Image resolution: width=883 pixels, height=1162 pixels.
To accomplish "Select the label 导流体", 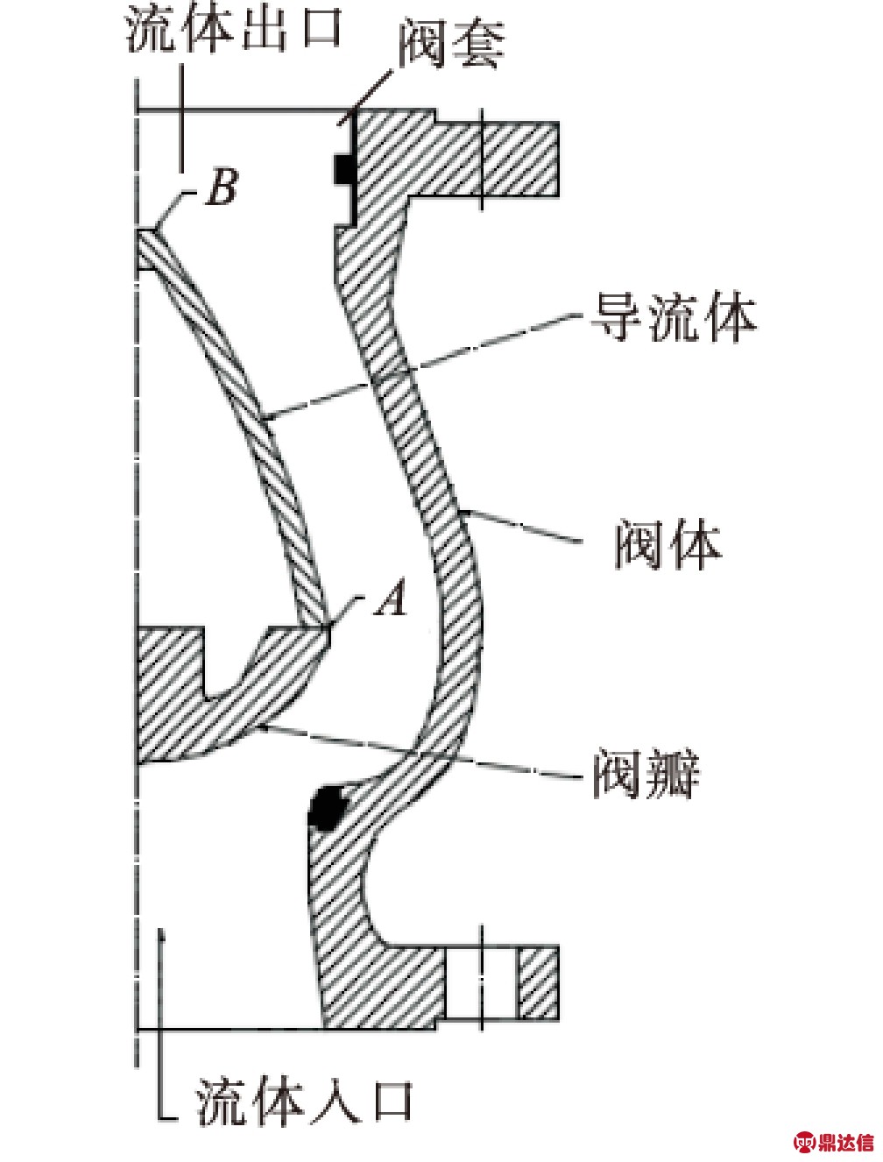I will [673, 317].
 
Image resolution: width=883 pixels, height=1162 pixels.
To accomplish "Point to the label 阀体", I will [668, 544].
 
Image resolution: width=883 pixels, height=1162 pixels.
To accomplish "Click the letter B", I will [221, 187].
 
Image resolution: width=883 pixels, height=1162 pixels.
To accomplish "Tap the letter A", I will [391, 600].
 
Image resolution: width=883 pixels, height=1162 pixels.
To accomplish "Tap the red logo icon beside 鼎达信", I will [805, 1142].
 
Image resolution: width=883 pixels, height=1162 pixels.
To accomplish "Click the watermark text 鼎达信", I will [846, 1142].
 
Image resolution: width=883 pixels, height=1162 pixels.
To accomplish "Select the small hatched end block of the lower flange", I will [537, 983].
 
